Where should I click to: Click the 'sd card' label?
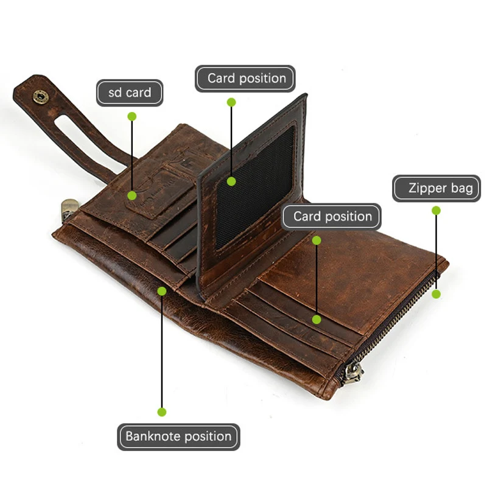[x=130, y=93]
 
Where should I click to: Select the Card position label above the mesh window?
[x=245, y=79]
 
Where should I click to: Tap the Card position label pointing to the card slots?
[x=332, y=217]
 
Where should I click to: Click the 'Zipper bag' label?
[x=436, y=188]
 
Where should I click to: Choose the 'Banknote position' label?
[x=178, y=436]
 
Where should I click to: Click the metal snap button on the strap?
[x=40, y=96]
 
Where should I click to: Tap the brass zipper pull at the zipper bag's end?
[x=351, y=373]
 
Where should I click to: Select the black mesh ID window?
[x=256, y=183]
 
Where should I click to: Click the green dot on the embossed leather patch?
[x=132, y=195]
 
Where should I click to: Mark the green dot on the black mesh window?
[x=231, y=181]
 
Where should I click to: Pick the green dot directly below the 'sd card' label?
[x=132, y=116]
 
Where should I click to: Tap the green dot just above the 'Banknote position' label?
[x=162, y=412]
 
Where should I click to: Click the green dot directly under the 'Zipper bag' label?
[x=436, y=210]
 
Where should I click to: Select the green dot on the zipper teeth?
[x=436, y=294]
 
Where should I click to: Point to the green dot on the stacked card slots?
[x=317, y=319]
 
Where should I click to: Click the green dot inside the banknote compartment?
[x=162, y=291]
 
